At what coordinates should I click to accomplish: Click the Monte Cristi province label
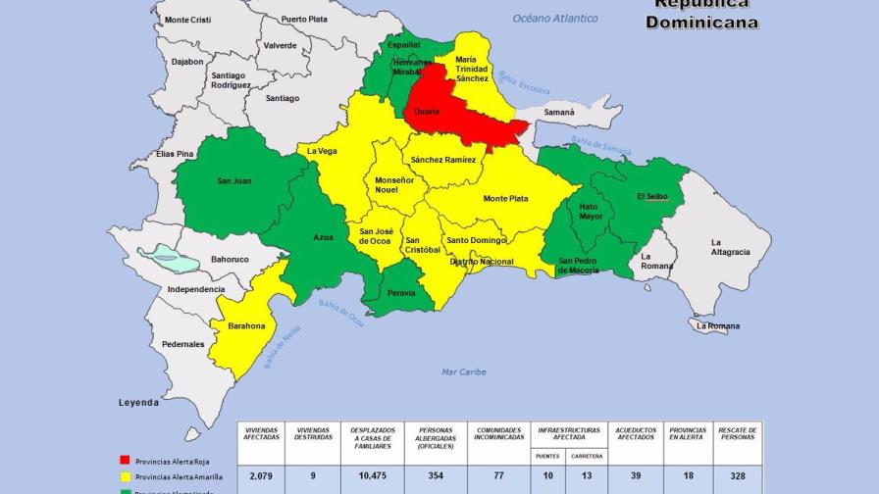point(188,20)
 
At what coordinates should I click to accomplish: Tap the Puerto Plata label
point(304,19)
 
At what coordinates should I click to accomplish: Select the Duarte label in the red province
point(427,112)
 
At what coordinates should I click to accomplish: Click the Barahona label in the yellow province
point(245,326)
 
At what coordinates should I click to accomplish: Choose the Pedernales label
point(183,344)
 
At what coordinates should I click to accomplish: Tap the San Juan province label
point(234,180)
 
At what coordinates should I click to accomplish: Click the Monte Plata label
point(505,199)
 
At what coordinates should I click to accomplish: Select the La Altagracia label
point(730,247)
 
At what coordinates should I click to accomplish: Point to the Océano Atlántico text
point(555,19)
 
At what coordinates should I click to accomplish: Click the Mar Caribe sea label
point(463,371)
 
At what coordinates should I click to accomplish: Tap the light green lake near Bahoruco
point(168,260)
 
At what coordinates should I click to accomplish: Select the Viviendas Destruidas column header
point(313,433)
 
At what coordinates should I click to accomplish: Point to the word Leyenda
point(138,403)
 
